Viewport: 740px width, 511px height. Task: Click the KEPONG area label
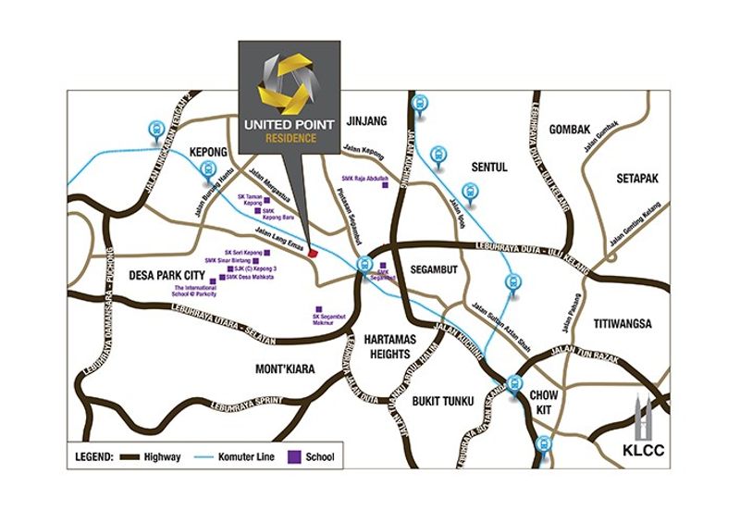pyautogui.click(x=208, y=148)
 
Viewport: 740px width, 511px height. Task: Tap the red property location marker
pyautogui.click(x=314, y=251)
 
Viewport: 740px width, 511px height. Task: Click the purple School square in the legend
pyautogui.click(x=298, y=456)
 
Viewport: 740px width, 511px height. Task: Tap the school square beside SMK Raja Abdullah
pyautogui.click(x=398, y=185)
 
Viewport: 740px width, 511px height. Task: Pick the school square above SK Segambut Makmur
pyautogui.click(x=318, y=309)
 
